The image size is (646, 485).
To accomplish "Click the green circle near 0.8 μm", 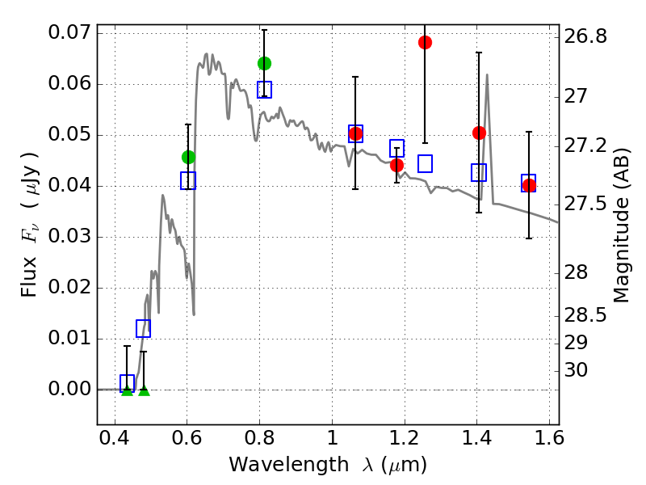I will pyautogui.click(x=264, y=63).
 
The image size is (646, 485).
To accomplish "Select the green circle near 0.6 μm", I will pyautogui.click(x=188, y=157).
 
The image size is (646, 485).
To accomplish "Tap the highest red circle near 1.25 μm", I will pyautogui.click(x=425, y=42).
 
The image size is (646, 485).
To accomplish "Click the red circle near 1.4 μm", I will pyautogui.click(x=479, y=133).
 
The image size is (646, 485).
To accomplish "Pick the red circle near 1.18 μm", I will pyautogui.click(x=396, y=165).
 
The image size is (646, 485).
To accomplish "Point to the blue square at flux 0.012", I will pyautogui.click(x=143, y=328).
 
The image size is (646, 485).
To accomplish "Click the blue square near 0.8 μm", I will pyautogui.click(x=264, y=90).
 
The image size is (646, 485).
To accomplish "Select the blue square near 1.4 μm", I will pyautogui.click(x=479, y=172).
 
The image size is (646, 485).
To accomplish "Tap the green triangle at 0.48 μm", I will pyautogui.click(x=144, y=390).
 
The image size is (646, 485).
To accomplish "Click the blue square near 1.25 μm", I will pyautogui.click(x=425, y=163).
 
